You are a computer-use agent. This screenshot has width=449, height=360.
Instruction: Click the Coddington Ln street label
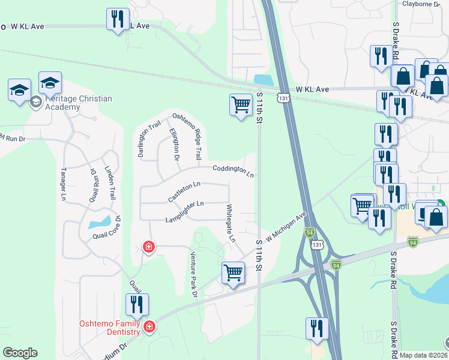233,170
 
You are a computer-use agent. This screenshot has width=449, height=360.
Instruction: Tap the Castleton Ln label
184,191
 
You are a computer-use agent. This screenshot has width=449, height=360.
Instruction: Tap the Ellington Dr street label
174,144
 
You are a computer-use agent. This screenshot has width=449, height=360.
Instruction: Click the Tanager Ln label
63,184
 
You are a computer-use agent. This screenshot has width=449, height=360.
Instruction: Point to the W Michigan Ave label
286,227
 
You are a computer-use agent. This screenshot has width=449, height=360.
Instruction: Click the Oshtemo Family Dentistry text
110,328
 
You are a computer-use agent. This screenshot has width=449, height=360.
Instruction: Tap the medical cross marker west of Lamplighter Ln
148,247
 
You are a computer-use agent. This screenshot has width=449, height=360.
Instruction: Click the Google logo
20,353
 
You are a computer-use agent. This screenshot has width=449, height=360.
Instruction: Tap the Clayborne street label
421,4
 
